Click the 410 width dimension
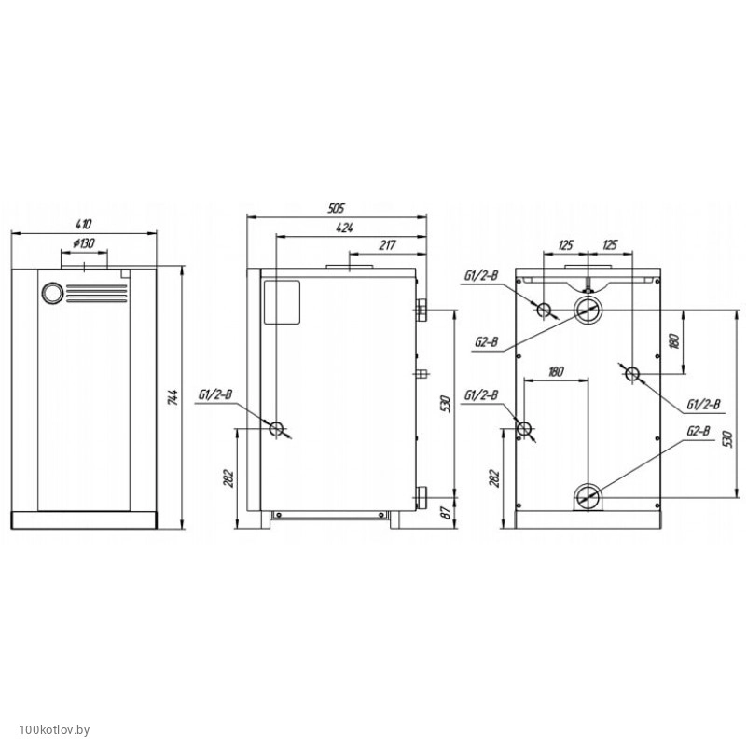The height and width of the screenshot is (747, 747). (x=84, y=224)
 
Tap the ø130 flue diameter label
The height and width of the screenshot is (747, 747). (x=84, y=243)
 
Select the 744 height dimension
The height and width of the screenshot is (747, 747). (x=173, y=397)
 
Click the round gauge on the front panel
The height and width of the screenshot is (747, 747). (x=52, y=294)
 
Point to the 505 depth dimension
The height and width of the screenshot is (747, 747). (x=337, y=208)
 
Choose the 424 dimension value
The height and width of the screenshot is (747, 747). (x=344, y=228)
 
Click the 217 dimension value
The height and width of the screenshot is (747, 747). (x=388, y=245)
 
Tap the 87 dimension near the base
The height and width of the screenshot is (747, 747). (x=446, y=512)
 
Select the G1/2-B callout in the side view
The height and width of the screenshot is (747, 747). (x=215, y=394)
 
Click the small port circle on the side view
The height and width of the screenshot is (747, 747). (x=277, y=429)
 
